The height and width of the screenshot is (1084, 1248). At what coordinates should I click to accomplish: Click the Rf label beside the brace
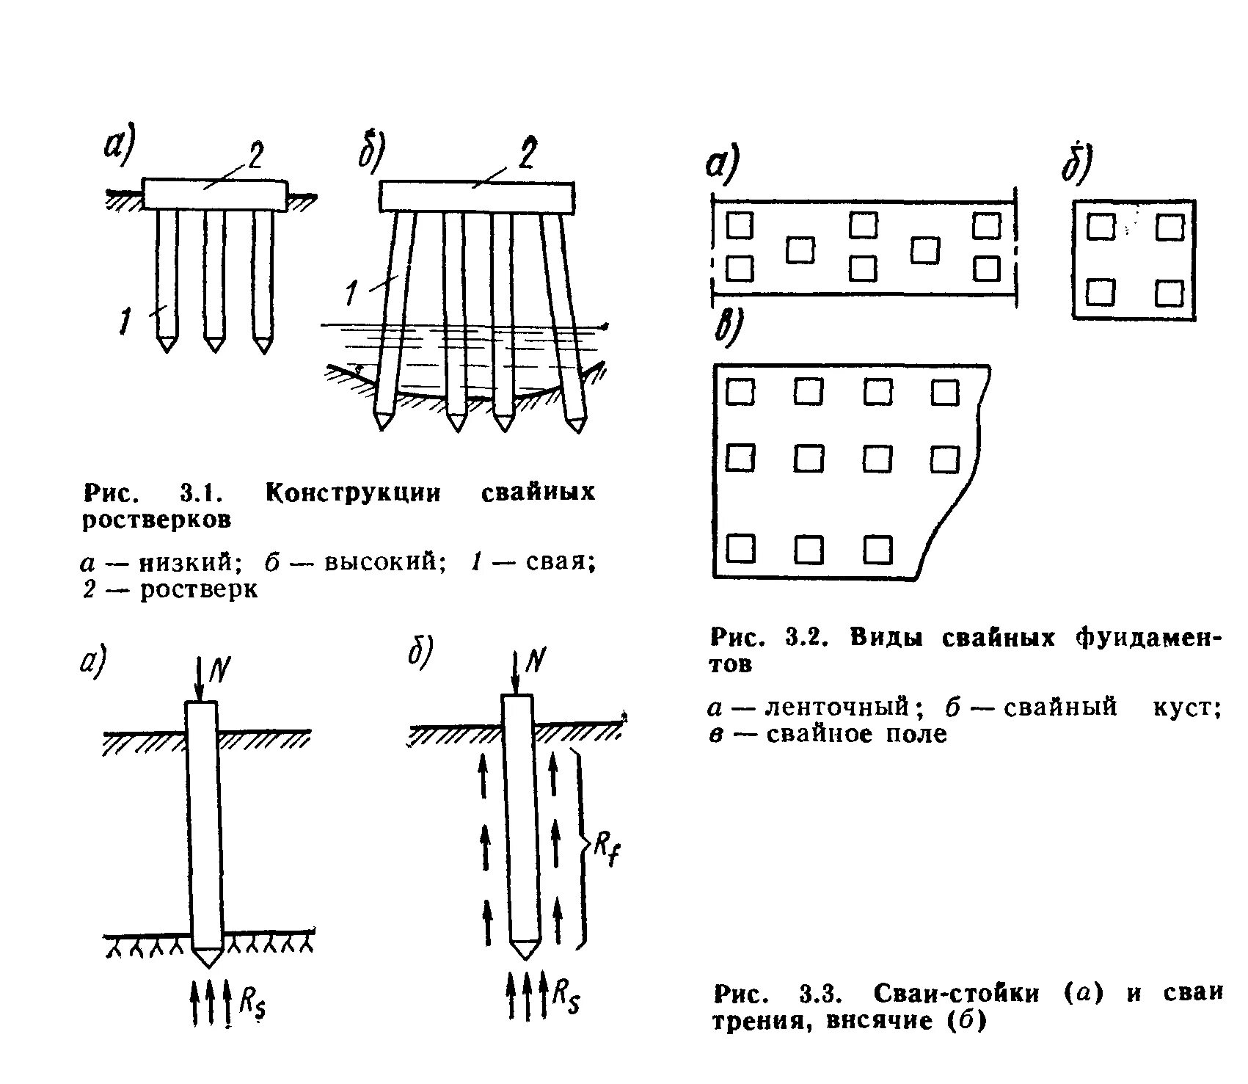click(606, 851)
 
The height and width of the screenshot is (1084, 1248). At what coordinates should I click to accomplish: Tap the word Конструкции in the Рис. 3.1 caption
click(353, 492)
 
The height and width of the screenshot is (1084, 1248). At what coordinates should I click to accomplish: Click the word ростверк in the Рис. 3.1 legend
click(199, 590)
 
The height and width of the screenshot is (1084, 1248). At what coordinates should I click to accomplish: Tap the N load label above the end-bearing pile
click(219, 667)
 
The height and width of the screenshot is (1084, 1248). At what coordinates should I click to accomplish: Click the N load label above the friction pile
click(535, 662)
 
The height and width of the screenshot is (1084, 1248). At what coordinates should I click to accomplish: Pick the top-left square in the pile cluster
click(1101, 227)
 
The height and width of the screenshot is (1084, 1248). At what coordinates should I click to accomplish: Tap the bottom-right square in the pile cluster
click(1169, 294)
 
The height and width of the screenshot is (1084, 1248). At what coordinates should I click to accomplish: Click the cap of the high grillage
click(476, 197)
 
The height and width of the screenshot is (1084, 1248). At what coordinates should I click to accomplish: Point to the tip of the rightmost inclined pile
click(577, 424)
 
